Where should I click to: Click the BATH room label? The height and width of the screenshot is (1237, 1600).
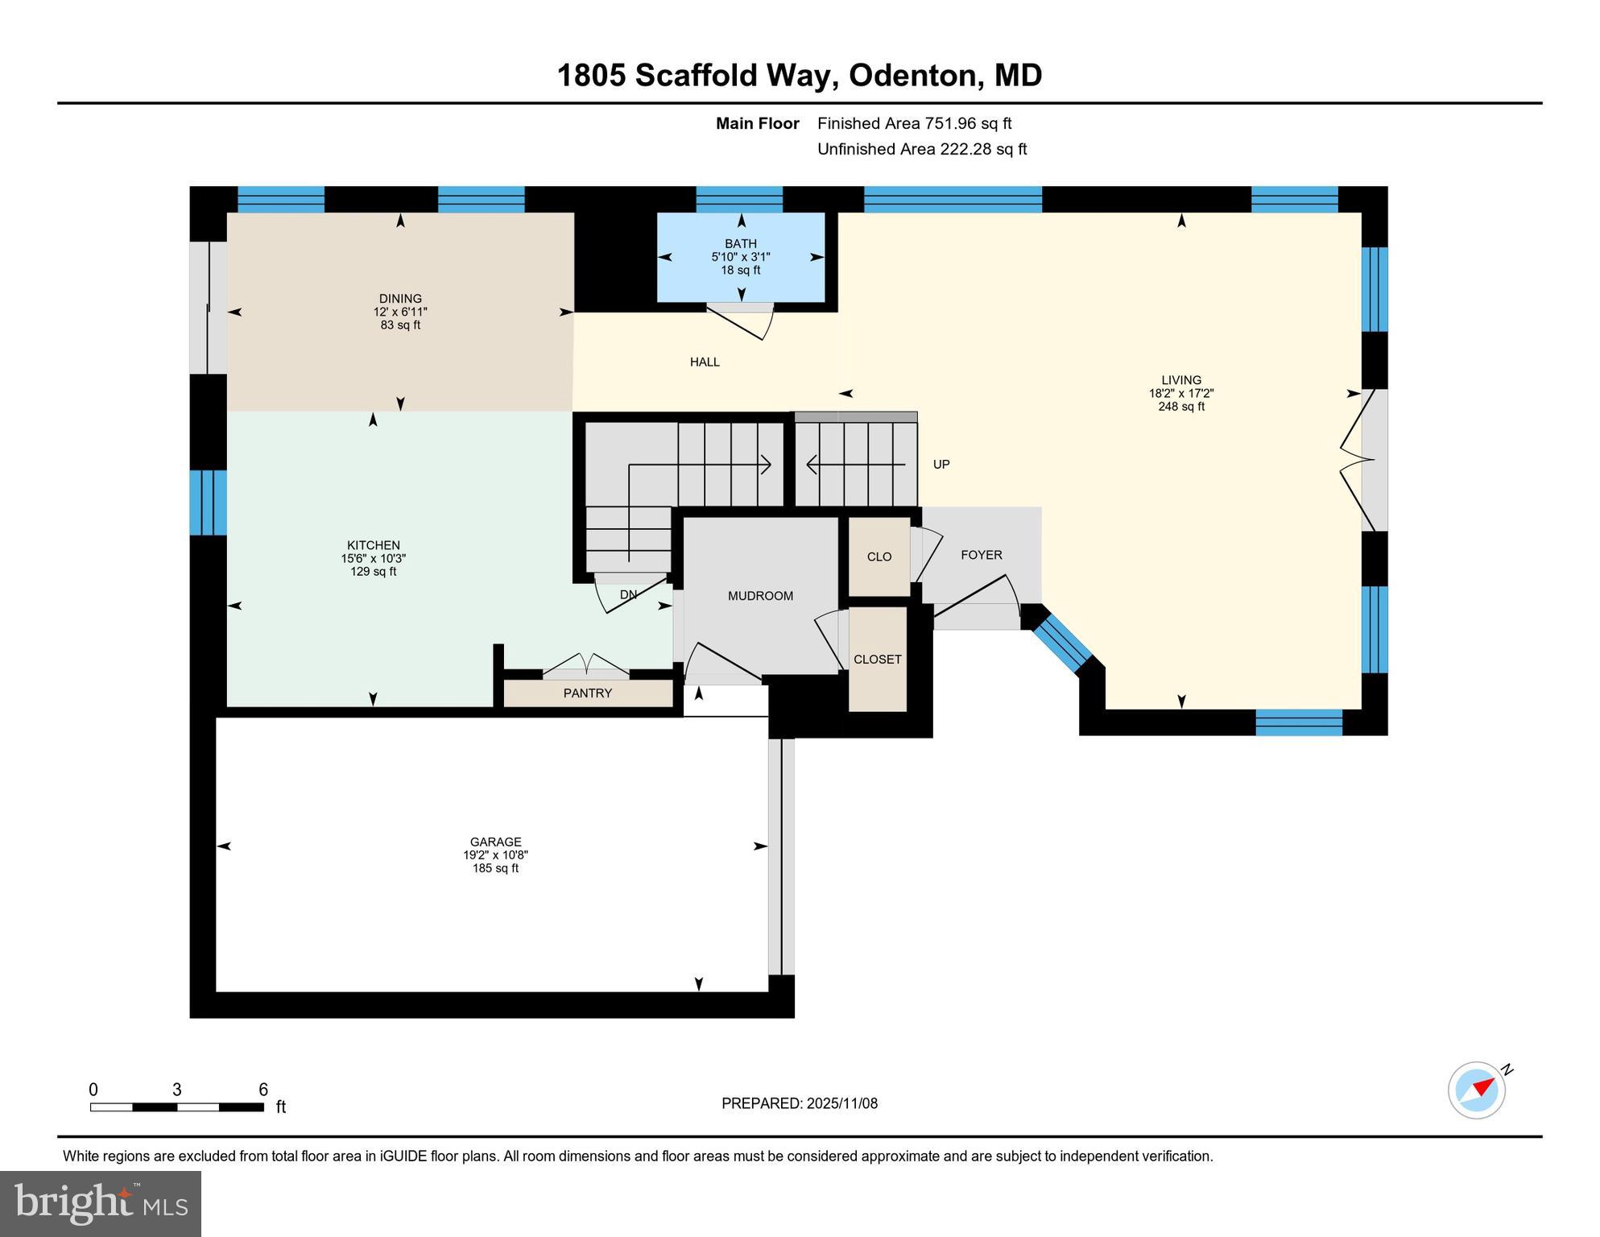[740, 243]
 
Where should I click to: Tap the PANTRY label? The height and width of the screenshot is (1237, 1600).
[587, 693]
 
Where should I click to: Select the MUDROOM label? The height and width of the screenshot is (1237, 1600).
[760, 596]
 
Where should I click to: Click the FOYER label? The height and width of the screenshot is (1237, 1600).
[981, 555]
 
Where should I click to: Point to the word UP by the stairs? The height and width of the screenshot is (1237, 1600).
[941, 465]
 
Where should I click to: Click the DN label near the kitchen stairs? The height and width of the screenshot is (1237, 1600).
[628, 595]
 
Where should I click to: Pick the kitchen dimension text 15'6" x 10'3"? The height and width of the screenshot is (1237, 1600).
[373, 558]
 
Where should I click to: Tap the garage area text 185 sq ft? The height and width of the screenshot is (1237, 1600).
[495, 868]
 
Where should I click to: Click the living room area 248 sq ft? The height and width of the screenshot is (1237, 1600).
[1180, 407]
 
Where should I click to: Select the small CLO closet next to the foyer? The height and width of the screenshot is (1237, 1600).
[879, 556]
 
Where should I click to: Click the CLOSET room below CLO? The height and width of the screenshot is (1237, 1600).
[877, 659]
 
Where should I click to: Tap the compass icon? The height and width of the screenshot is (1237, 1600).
[1477, 1090]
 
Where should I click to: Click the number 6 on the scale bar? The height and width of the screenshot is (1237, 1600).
[263, 1090]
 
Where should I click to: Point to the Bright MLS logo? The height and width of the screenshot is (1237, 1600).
[101, 1203]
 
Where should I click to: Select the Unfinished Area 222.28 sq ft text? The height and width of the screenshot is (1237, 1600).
[921, 149]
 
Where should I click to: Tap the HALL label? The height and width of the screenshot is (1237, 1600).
[705, 362]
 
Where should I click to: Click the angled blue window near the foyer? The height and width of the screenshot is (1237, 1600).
[1061, 639]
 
